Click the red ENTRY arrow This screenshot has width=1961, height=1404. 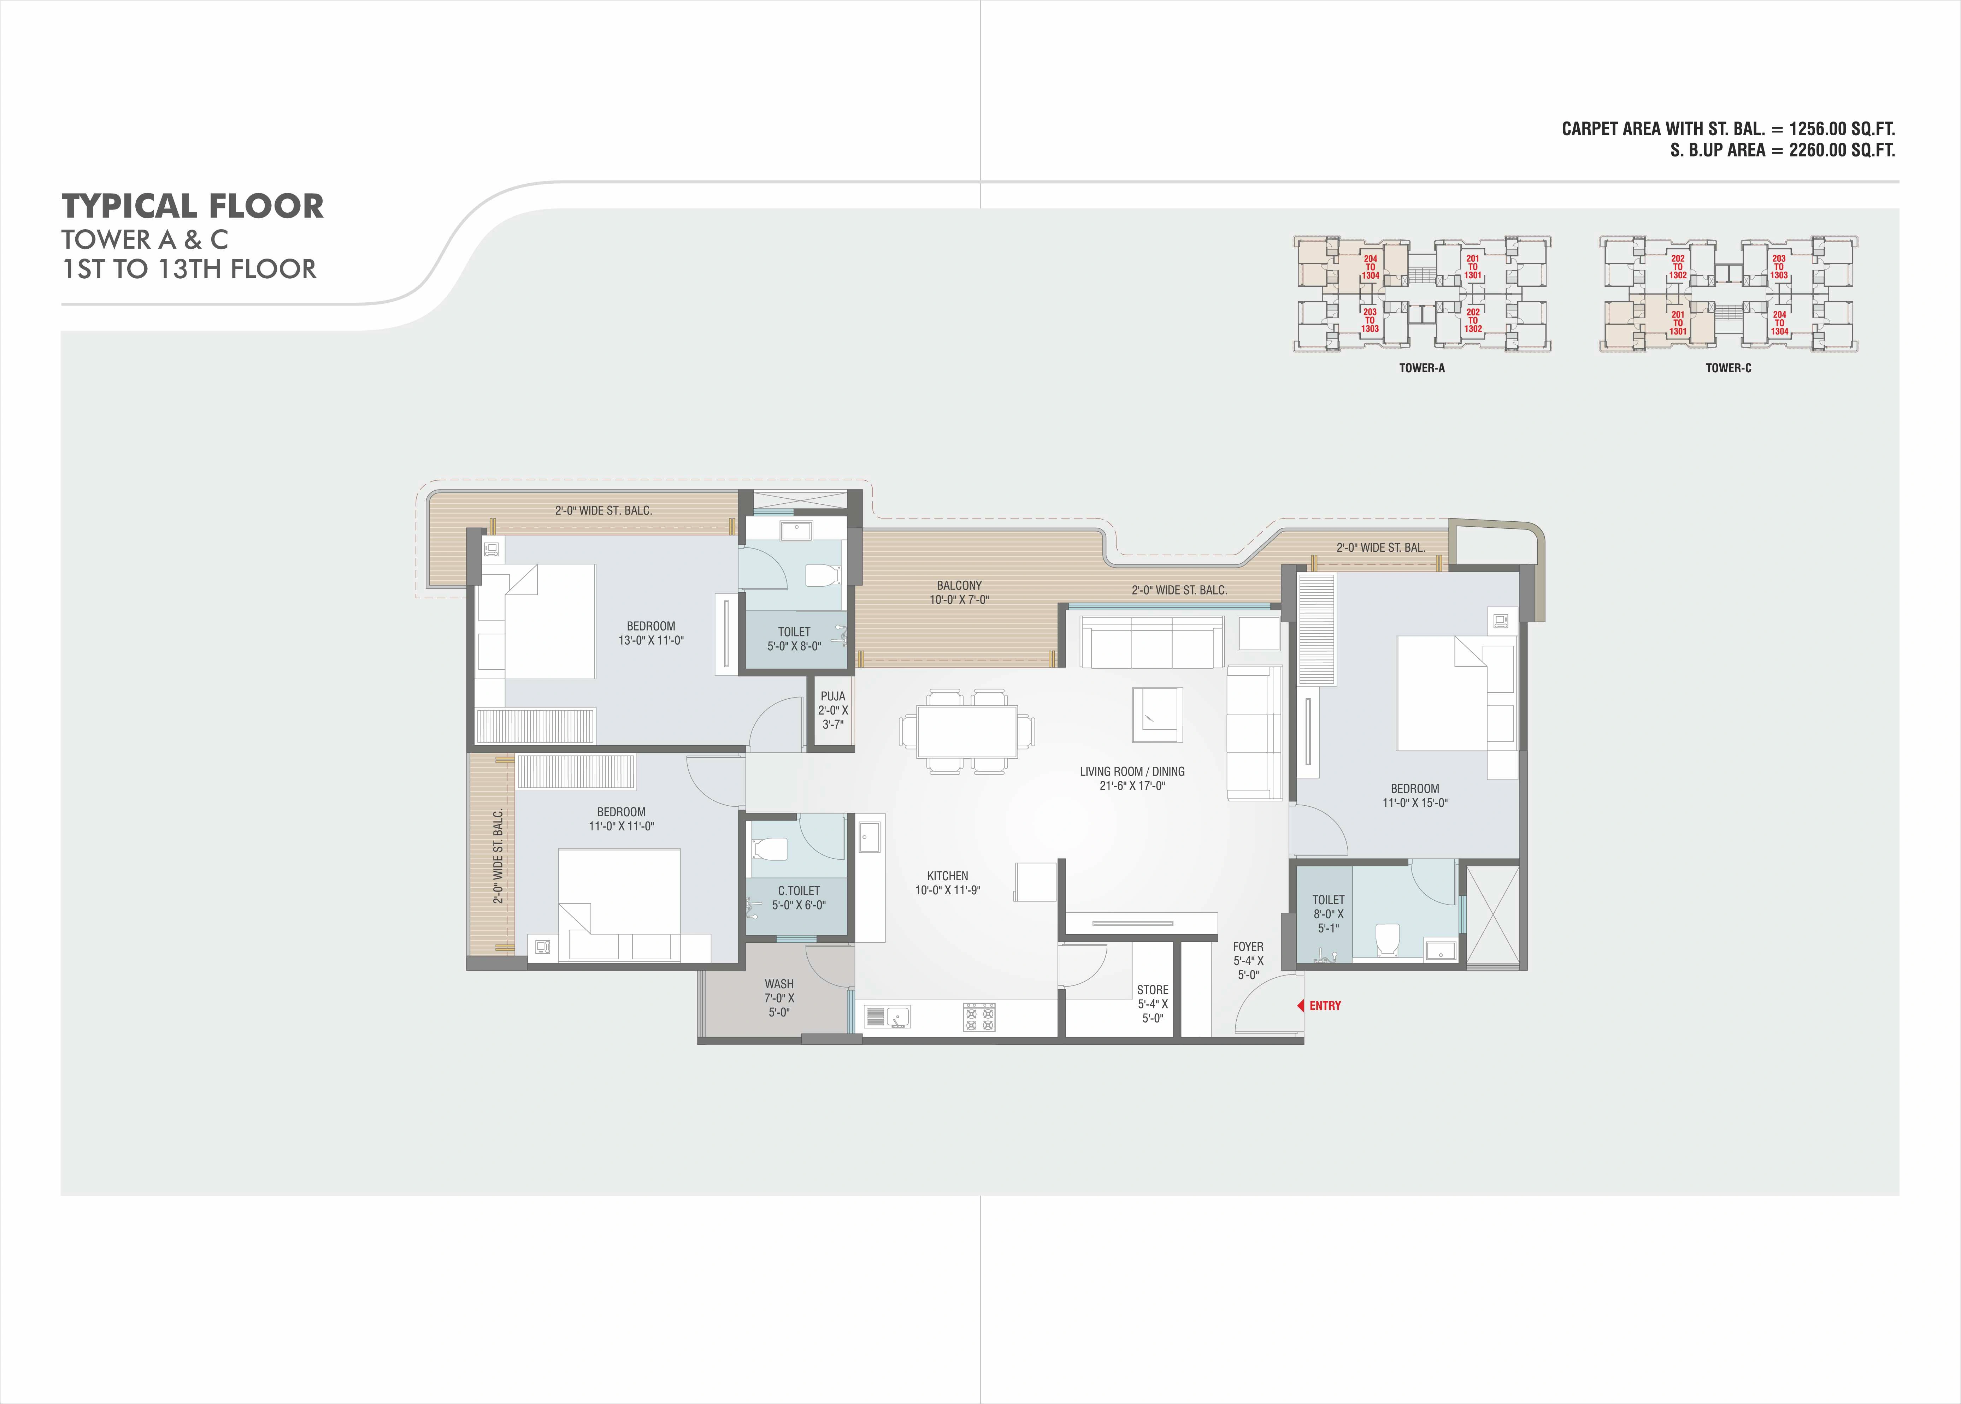(1300, 1006)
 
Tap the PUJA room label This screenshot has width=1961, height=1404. (833, 696)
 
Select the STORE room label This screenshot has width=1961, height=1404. (1153, 990)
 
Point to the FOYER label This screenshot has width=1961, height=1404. (1248, 947)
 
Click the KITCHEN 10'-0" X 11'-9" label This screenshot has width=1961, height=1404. (948, 883)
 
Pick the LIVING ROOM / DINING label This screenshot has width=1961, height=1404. (1132, 771)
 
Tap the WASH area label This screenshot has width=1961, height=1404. (779, 984)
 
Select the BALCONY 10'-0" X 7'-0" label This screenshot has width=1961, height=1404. (959, 592)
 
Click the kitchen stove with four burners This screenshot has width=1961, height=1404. (979, 1017)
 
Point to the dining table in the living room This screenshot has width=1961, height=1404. (967, 731)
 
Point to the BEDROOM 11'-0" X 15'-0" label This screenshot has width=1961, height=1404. (1414, 795)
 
